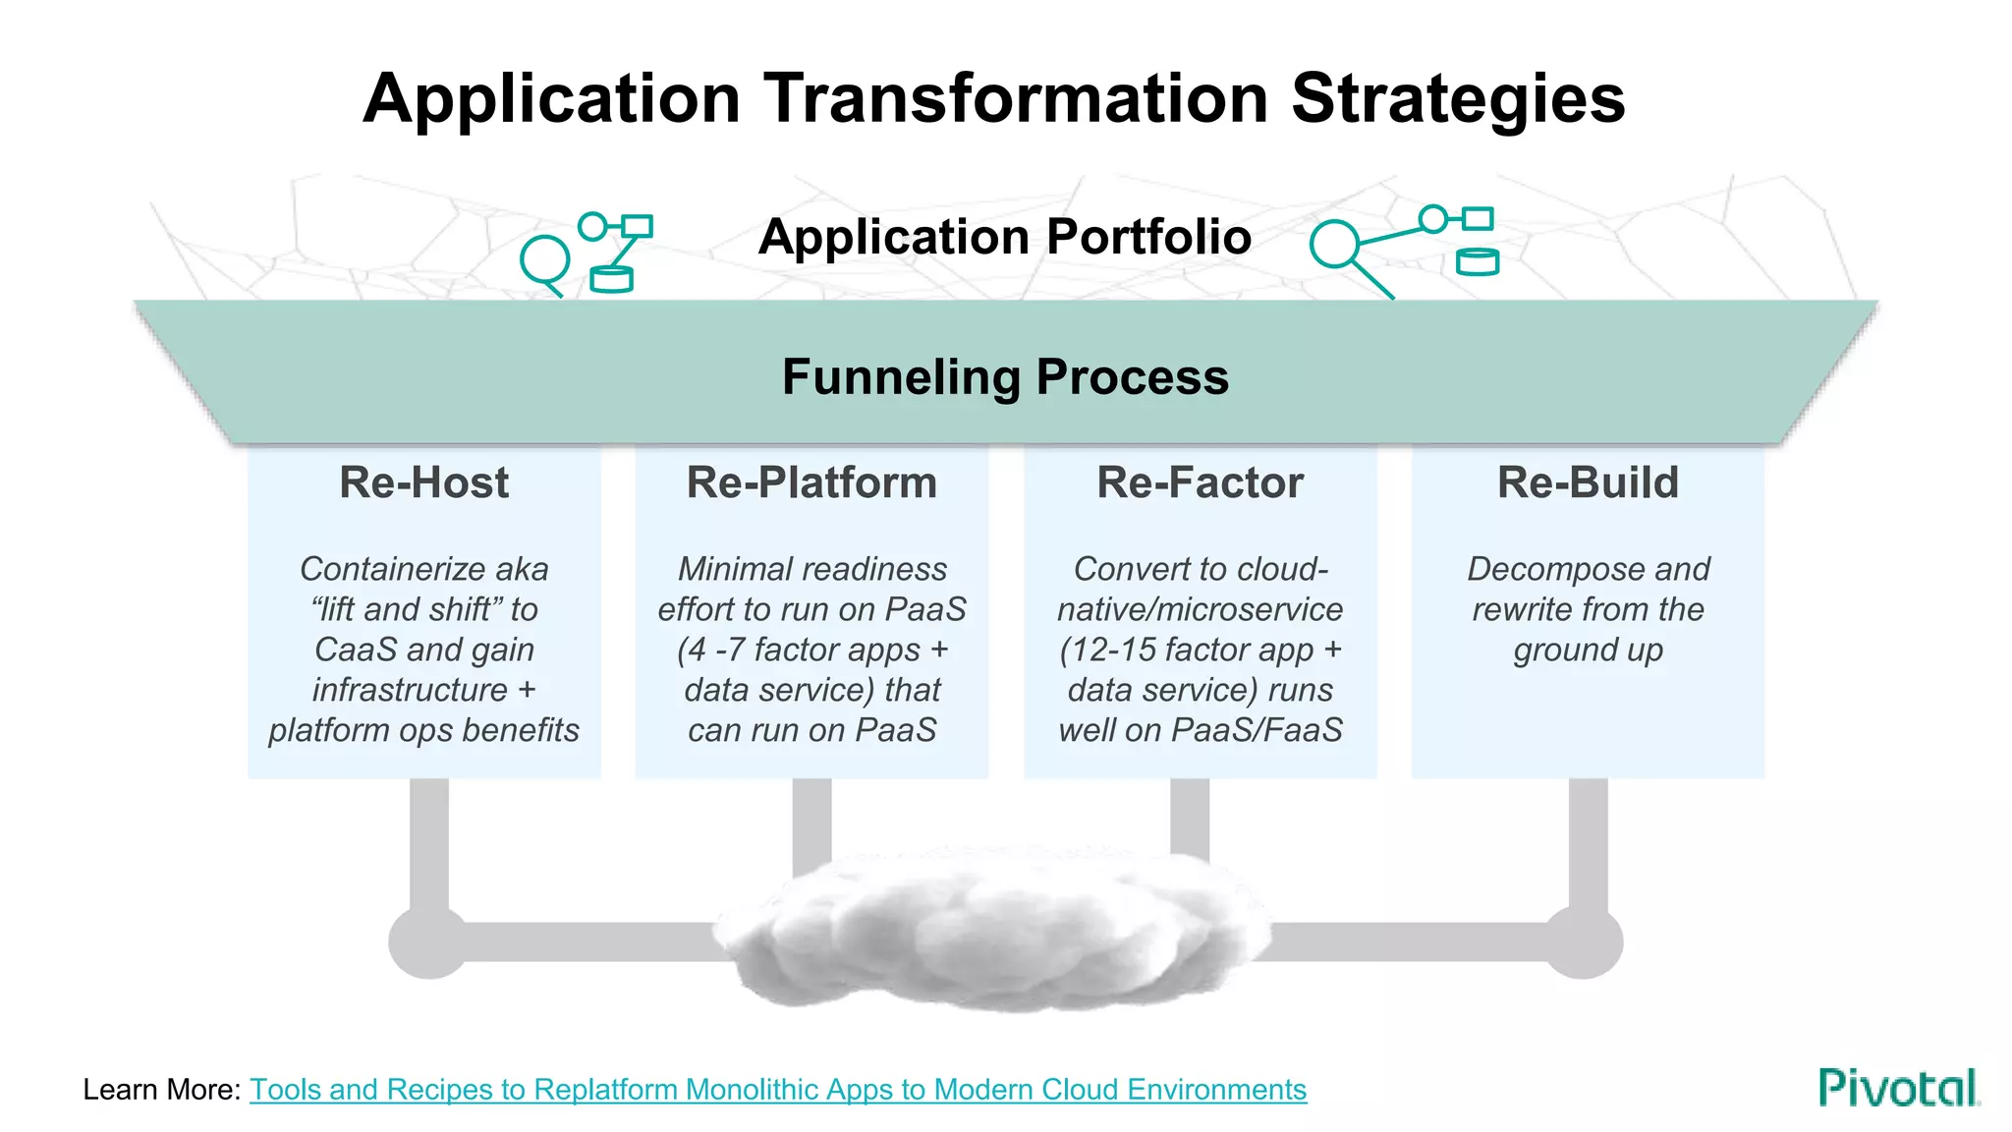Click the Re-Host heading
click(x=423, y=482)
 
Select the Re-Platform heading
click(x=811, y=482)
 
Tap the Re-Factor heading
click(x=1200, y=482)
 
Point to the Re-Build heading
click(x=1588, y=482)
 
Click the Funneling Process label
click(x=1005, y=376)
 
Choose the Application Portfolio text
click(x=1005, y=237)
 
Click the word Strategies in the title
click(x=1458, y=98)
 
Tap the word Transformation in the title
click(x=1016, y=98)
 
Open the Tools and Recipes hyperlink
click(x=777, y=1089)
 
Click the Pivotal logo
click(x=1898, y=1088)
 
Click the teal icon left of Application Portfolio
click(x=587, y=254)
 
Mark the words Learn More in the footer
click(x=161, y=1089)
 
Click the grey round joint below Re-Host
click(x=428, y=941)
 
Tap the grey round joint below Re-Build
click(x=1584, y=941)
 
